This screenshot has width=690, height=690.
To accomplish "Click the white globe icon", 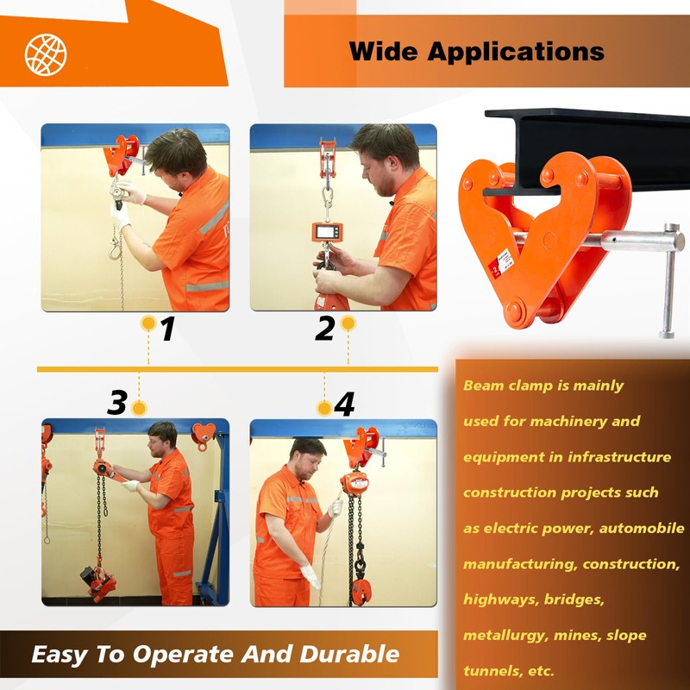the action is coord(46,54).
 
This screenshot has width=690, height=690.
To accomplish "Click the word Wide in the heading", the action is coord(383,51).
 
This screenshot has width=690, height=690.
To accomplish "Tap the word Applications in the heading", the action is coord(516,53).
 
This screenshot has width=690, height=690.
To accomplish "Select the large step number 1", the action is coord(167,329).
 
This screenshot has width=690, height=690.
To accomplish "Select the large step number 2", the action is coord(325,329).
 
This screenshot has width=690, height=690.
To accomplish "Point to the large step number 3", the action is coord(117,402).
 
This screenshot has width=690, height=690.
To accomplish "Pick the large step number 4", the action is coord(344,404).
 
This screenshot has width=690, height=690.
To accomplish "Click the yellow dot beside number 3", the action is coord(139,408).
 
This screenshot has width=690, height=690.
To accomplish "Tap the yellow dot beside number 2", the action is coord(348,323).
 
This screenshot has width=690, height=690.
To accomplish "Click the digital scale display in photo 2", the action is coord(328,231).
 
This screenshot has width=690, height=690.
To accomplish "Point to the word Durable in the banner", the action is coord(349,654).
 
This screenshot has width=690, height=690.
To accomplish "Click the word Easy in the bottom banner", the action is coord(60,655).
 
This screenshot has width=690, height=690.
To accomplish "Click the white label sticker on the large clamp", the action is coord(501,262).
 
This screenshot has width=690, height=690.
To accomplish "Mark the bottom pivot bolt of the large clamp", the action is coord(515,310).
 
